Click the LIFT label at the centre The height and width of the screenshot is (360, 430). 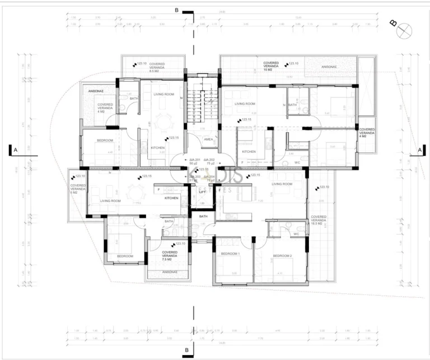[202, 191]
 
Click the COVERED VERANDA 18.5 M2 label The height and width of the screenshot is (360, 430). [319, 219]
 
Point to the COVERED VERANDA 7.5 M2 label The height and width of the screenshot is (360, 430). [170, 255]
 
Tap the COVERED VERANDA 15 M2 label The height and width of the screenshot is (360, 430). [275, 67]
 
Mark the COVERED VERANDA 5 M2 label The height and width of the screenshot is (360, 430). [78, 188]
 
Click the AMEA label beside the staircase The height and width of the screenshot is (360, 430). [208, 139]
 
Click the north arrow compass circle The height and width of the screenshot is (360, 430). [404, 31]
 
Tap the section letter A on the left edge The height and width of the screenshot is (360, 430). [16, 150]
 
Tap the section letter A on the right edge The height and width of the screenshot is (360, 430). [419, 150]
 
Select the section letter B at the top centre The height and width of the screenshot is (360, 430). [176, 10]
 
